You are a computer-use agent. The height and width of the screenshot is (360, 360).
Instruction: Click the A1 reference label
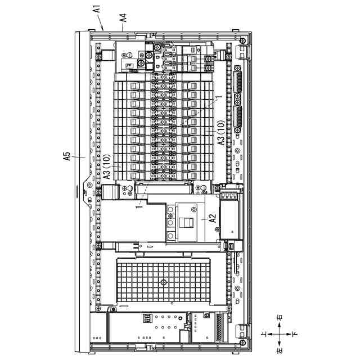(x=96, y=10)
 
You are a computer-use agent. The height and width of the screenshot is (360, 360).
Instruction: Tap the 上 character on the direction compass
(x=264, y=334)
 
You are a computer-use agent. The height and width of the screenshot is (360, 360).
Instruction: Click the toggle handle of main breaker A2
(x=186, y=220)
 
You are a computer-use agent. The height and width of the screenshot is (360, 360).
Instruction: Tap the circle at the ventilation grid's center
(x=163, y=282)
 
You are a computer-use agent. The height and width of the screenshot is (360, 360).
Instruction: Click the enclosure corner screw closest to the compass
(x=241, y=341)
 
